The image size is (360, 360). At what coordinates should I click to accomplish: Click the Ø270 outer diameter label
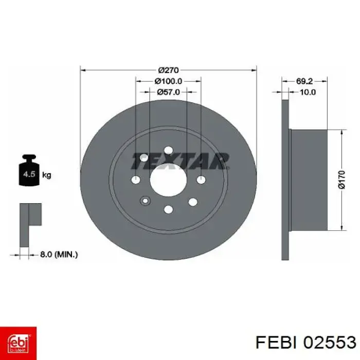(x=168, y=69)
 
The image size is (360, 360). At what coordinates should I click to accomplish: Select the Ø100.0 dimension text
(x=168, y=81)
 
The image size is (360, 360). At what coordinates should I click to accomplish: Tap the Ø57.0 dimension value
(x=168, y=92)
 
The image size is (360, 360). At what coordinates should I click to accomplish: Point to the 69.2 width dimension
(x=304, y=81)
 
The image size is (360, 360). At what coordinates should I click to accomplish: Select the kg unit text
(x=46, y=175)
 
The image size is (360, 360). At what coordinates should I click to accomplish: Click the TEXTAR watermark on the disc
(x=179, y=161)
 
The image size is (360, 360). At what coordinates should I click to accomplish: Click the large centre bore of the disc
(x=168, y=179)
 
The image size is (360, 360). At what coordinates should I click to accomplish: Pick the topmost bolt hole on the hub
(x=168, y=150)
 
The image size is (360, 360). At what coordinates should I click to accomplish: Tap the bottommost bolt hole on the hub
(x=168, y=209)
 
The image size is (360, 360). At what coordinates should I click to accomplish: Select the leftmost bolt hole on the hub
(x=136, y=179)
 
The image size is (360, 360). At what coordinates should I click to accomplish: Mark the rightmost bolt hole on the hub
(x=201, y=179)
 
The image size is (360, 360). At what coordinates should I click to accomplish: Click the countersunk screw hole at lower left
(x=145, y=201)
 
